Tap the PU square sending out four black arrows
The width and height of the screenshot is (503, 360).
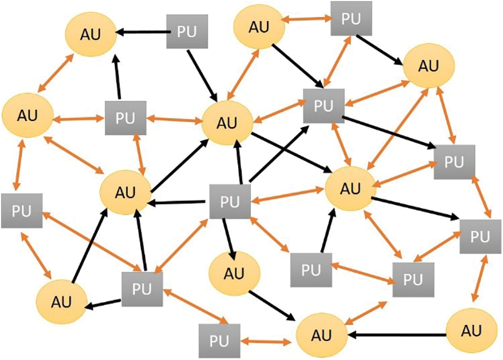click(229, 201)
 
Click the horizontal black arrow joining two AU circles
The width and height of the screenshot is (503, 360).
click(397, 334)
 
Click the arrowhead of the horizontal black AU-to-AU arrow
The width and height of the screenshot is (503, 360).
click(351, 334)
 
